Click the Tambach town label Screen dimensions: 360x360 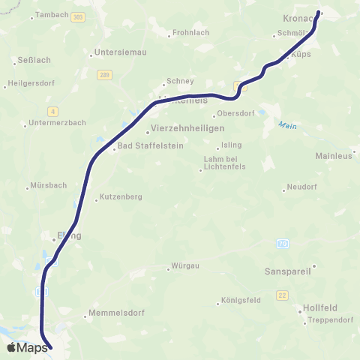52,14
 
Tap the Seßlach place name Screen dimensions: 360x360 31,62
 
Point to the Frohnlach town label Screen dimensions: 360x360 190,32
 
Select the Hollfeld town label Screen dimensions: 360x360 321,307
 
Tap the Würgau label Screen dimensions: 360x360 187,266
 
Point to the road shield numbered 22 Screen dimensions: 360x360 282,295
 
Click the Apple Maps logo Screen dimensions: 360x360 27,347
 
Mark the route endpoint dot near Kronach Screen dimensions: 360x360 320,12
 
